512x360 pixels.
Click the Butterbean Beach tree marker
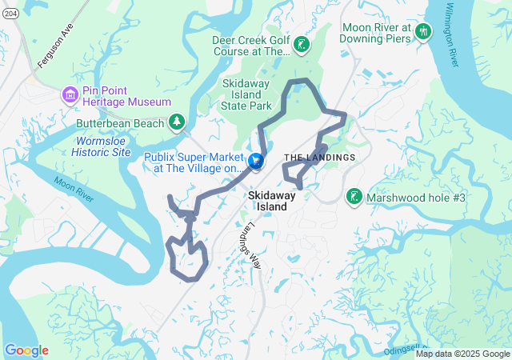(x=176, y=123)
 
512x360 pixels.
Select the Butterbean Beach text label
(x=119, y=124)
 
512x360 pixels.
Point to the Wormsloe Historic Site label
(x=101, y=146)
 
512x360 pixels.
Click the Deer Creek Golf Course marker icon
(x=301, y=45)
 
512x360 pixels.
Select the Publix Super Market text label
(x=194, y=162)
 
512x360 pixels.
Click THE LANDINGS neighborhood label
(x=319, y=158)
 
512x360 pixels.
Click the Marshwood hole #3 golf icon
(x=353, y=197)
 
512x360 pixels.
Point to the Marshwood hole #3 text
(x=414, y=198)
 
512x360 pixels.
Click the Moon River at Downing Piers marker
(x=424, y=30)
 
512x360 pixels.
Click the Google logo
(x=26, y=350)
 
